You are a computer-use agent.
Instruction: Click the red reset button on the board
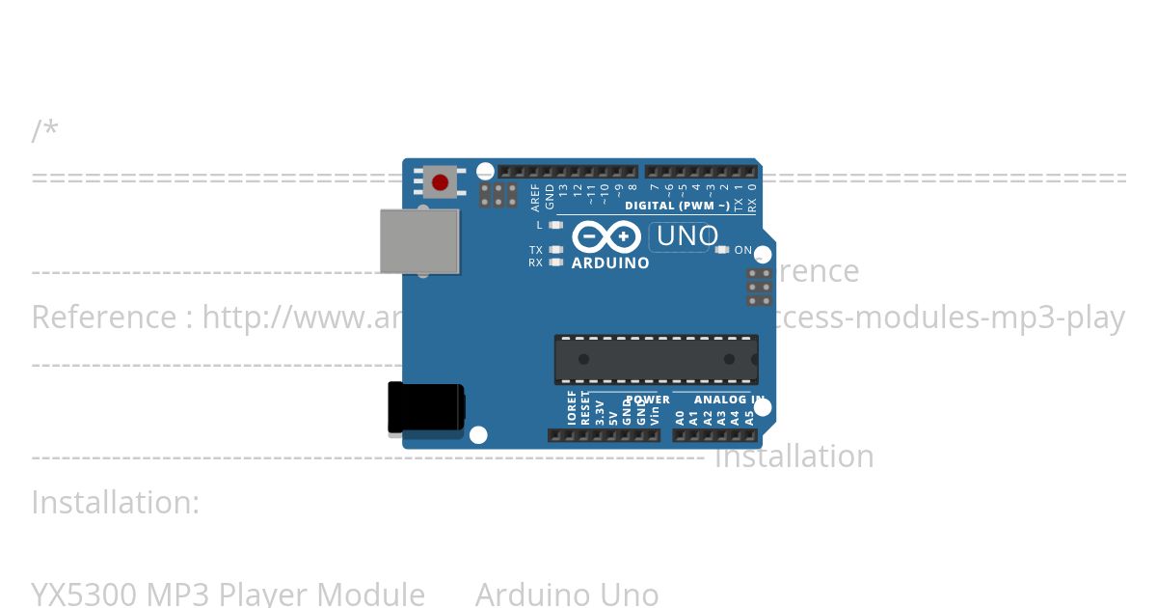tap(441, 181)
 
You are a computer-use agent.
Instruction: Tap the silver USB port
tap(419, 241)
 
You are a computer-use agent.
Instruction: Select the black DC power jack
tap(425, 407)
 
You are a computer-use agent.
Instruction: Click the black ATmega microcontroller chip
tap(656, 359)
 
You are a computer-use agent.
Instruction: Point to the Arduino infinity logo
tap(606, 236)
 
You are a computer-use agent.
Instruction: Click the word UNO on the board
tap(686, 236)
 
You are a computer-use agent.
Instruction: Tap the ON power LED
tap(722, 250)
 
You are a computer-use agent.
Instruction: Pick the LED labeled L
tap(555, 225)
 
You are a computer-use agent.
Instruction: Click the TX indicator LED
tap(555, 250)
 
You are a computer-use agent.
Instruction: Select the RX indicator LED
tap(555, 262)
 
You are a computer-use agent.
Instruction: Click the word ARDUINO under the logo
tap(610, 263)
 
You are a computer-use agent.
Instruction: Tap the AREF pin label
tap(536, 197)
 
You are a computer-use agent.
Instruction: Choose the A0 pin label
tap(680, 418)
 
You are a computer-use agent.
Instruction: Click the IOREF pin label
tap(572, 408)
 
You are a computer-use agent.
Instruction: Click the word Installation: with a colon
tap(116, 503)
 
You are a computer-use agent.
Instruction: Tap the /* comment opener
tap(44, 130)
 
